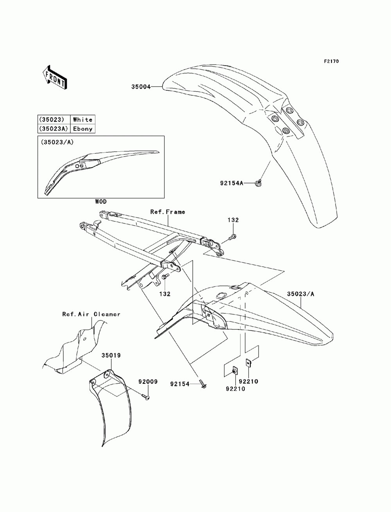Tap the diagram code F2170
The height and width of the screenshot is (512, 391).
[331, 61]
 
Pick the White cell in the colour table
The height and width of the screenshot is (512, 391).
[83, 120]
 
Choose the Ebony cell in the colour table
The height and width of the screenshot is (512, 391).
[83, 129]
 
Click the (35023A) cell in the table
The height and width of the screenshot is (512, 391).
[54, 129]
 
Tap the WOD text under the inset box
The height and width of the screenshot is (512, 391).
[100, 202]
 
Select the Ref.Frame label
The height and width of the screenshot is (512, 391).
[168, 212]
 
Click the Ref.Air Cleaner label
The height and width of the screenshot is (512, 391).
[91, 314]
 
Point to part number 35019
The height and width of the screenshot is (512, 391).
[111, 356]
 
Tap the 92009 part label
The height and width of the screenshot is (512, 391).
[148, 381]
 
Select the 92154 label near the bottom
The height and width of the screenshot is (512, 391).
[179, 384]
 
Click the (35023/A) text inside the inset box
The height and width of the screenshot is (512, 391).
[57, 142]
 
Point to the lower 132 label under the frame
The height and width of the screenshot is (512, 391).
[165, 294]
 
